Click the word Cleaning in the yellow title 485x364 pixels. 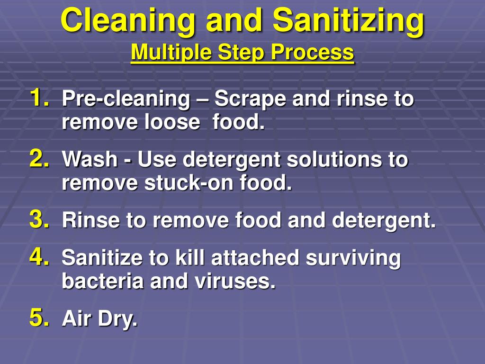[128, 21]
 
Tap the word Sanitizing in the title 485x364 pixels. [348, 21]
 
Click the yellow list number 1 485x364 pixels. [38, 98]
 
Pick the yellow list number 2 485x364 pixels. [38, 158]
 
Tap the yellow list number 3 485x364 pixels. [38, 219]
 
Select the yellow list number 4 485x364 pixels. [38, 257]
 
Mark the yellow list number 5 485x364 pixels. [38, 318]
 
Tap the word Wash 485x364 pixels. [90, 160]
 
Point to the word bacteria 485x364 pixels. [103, 282]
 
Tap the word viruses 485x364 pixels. [235, 282]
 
